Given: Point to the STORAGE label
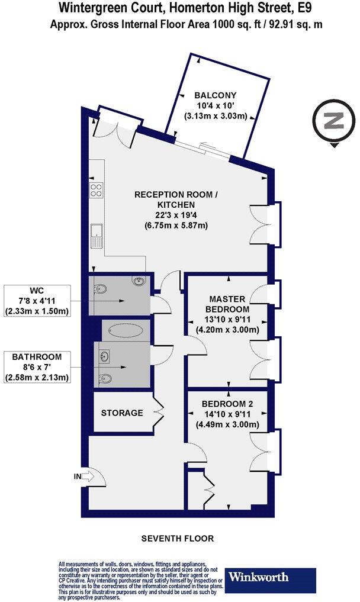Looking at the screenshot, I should tap(121, 413).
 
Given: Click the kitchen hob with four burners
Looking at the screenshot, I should tap(96, 190).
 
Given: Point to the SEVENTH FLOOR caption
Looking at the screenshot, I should tap(177, 539).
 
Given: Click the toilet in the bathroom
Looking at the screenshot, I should tap(105, 378).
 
